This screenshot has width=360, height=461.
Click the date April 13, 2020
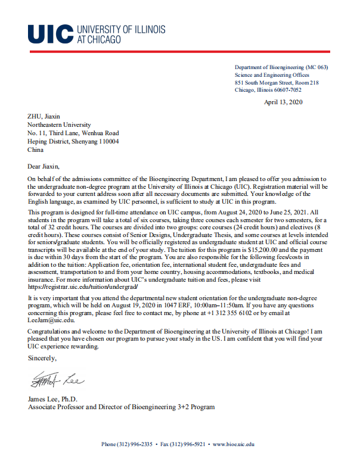[283, 103]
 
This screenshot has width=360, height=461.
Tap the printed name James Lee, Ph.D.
[53, 399]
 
